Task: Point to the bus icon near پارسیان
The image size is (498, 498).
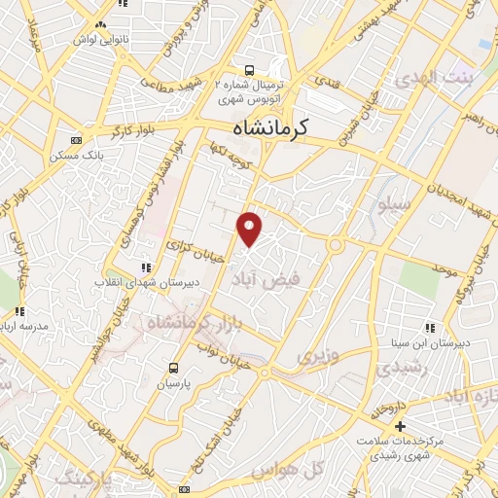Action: (174, 368)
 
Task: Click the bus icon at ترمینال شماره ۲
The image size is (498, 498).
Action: (250, 70)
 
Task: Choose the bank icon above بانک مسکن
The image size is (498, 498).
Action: (77, 140)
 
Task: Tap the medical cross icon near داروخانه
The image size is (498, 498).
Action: (400, 426)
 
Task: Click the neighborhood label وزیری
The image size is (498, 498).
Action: (318, 357)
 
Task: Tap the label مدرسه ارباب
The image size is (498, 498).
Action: (21, 325)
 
